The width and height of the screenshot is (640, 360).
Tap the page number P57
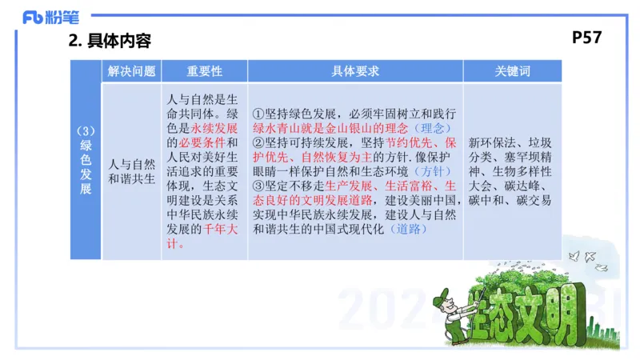pos(587,37)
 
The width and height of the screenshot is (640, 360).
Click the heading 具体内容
pos(119,41)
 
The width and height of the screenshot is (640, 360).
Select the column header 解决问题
pos(131,71)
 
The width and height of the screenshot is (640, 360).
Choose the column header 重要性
pos(204,71)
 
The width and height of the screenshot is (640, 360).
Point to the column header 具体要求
pos(354,71)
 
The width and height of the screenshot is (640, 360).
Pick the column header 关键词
pos(512,71)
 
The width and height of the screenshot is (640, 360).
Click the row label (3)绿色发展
pos(86,160)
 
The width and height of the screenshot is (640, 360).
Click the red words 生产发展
pos(350,186)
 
